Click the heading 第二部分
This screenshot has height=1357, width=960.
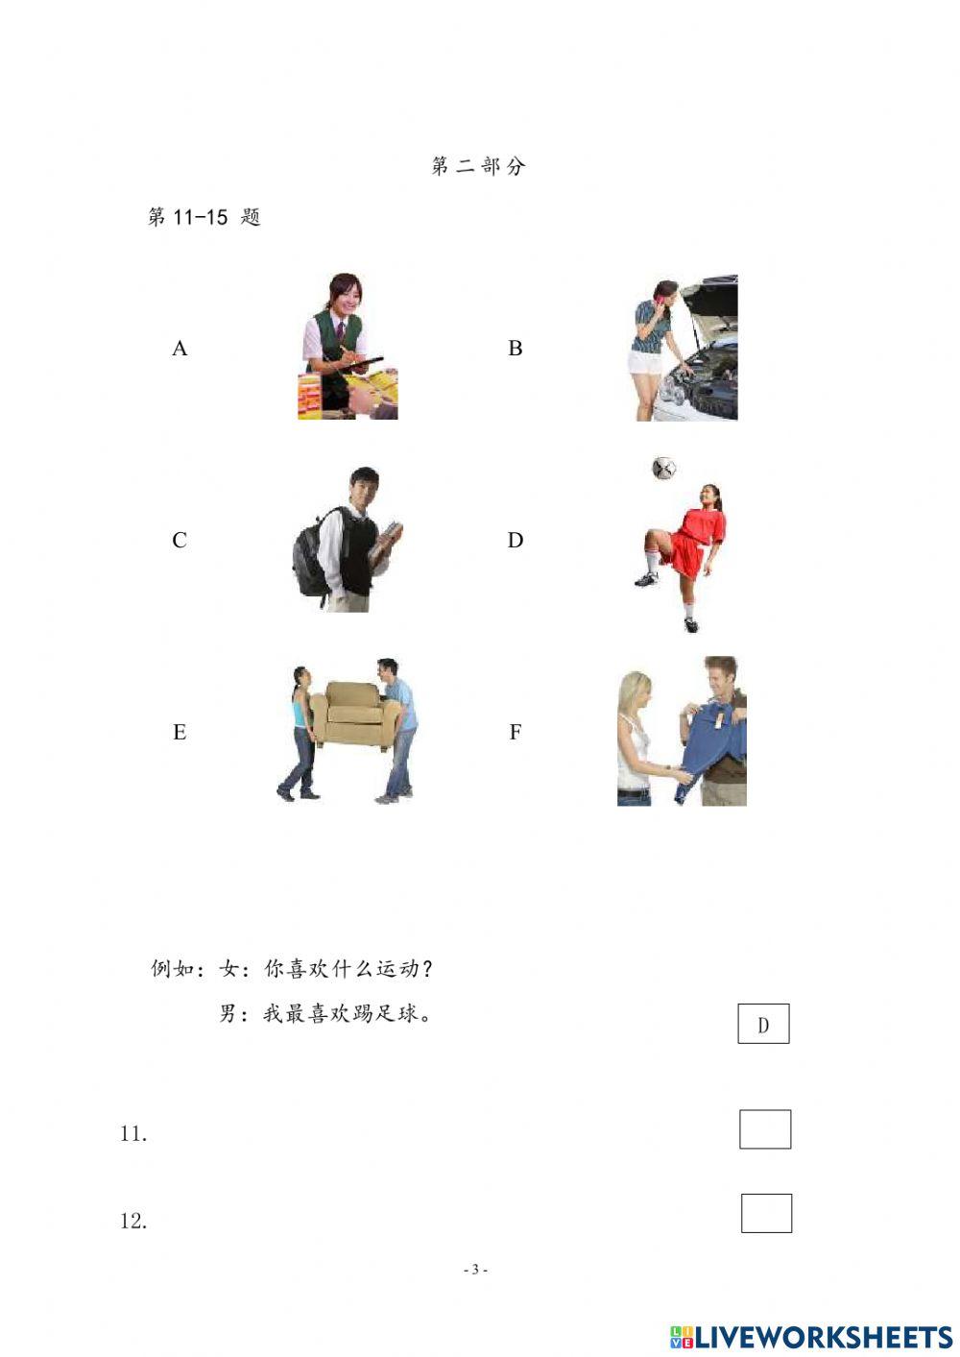pyautogui.click(x=478, y=166)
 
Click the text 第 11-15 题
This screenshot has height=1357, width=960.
pyautogui.click(x=204, y=217)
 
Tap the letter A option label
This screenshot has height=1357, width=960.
pyautogui.click(x=180, y=349)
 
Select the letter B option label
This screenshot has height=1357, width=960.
pyautogui.click(x=515, y=349)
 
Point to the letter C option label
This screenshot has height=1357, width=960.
pyautogui.click(x=180, y=541)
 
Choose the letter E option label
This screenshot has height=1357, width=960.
pyautogui.click(x=180, y=733)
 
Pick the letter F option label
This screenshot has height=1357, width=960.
pyautogui.click(x=515, y=733)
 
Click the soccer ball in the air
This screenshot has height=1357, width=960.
pyautogui.click(x=663, y=468)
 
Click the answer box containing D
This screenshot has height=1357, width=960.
pyautogui.click(x=763, y=1024)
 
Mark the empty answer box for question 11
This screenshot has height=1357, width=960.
pyautogui.click(x=765, y=1129)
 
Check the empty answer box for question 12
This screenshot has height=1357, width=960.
pyautogui.click(x=766, y=1213)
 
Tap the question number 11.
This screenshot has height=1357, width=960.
pyautogui.click(x=133, y=1134)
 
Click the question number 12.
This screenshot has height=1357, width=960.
pyautogui.click(x=133, y=1222)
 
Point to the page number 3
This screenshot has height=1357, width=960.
pyautogui.click(x=475, y=1270)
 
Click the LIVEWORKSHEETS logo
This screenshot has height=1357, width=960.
pyautogui.click(x=811, y=1337)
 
